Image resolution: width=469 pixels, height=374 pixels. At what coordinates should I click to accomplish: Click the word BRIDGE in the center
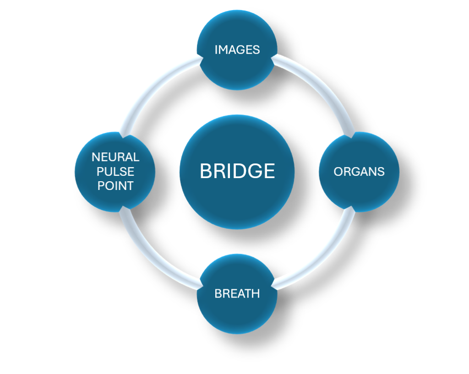click(x=237, y=171)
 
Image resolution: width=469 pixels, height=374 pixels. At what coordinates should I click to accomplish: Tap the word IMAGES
click(x=237, y=49)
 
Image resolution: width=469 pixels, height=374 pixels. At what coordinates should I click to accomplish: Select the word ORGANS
click(x=359, y=172)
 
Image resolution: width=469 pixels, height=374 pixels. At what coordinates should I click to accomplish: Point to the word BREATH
click(x=237, y=293)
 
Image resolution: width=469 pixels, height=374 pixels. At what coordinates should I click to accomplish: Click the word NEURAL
click(x=115, y=157)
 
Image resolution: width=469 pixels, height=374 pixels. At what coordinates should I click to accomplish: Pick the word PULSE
click(x=115, y=172)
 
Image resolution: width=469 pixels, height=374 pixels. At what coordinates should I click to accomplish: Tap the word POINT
click(x=115, y=186)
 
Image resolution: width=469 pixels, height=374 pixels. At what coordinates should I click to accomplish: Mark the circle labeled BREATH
click(x=237, y=316)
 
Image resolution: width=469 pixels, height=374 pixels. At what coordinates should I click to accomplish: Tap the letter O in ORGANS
click(x=338, y=172)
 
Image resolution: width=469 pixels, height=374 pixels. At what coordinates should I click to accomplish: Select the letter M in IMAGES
click(x=223, y=49)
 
